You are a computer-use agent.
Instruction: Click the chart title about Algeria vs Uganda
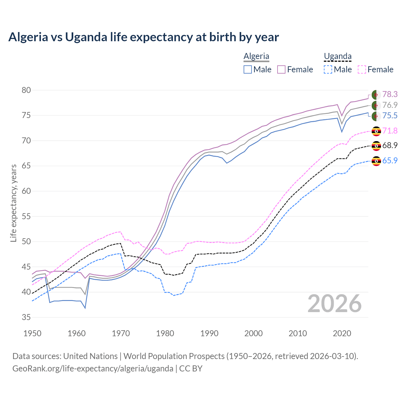[143, 37]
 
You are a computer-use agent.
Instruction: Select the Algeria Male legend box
[248, 69]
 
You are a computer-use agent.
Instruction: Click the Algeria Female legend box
[281, 69]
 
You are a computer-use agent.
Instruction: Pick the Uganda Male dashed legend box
[328, 69]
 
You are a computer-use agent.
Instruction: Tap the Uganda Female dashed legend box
[362, 69]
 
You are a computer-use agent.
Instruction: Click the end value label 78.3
[390, 94]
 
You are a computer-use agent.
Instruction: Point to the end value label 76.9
[390, 105]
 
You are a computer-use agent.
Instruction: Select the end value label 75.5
[390, 115]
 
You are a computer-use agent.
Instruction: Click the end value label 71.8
[390, 131]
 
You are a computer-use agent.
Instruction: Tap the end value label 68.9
[390, 145]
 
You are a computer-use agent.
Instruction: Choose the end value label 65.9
[390, 160]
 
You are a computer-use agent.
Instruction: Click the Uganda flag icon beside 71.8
[376, 131]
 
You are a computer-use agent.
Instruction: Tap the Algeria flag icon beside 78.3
[376, 95]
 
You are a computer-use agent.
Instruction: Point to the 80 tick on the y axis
[26, 90]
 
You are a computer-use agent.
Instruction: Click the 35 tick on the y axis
[26, 317]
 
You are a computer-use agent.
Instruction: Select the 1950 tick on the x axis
[33, 333]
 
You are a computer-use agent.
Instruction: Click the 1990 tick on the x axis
[209, 333]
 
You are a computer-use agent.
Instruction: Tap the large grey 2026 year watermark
[335, 304]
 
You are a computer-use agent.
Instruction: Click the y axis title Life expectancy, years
[14, 203]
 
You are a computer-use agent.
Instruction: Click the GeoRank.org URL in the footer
[93, 369]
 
